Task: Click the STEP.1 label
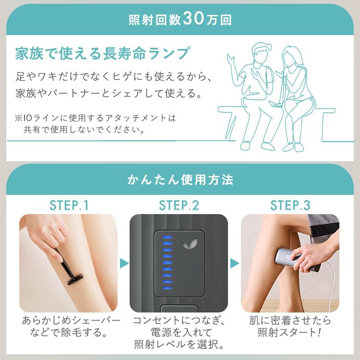tap(69, 205)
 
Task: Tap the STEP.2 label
tap(179, 205)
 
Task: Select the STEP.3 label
tap(290, 205)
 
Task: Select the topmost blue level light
tap(168, 237)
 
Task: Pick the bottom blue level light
tap(168, 288)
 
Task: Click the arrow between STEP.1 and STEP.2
tap(124, 264)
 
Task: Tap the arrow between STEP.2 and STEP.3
tap(234, 264)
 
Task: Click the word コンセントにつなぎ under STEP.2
tap(179, 320)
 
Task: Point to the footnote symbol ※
tap(19, 118)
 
